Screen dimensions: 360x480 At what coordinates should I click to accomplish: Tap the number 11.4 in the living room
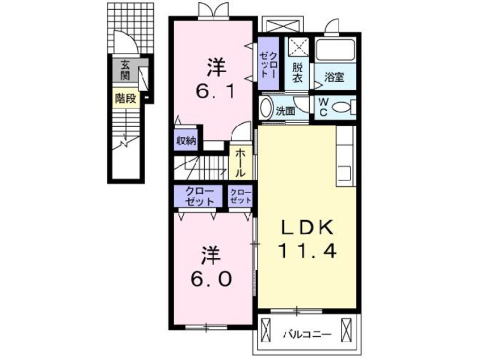click(x=308, y=250)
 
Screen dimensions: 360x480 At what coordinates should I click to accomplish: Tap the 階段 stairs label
click(x=126, y=98)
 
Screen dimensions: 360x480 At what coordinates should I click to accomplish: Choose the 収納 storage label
click(x=186, y=141)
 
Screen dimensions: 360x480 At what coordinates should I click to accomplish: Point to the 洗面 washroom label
click(x=286, y=111)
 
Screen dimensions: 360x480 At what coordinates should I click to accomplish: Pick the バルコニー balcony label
click(x=307, y=334)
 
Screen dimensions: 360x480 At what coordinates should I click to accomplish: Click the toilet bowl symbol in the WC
click(x=342, y=106)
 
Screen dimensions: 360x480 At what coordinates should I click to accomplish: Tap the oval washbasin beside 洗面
click(x=266, y=108)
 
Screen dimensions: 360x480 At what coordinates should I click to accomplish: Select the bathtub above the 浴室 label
click(x=335, y=51)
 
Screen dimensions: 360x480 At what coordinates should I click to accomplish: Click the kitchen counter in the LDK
click(x=345, y=154)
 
